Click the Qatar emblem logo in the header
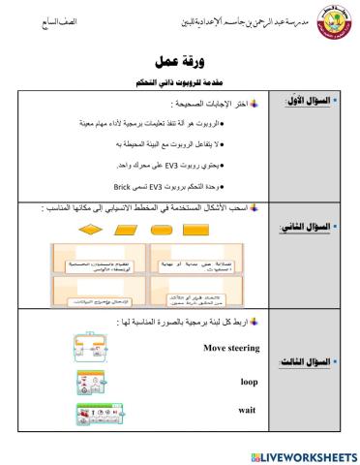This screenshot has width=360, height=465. (322, 21)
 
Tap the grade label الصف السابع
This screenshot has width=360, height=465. (36, 20)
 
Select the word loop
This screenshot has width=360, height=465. (249, 381)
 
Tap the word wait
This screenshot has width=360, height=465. (246, 410)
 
